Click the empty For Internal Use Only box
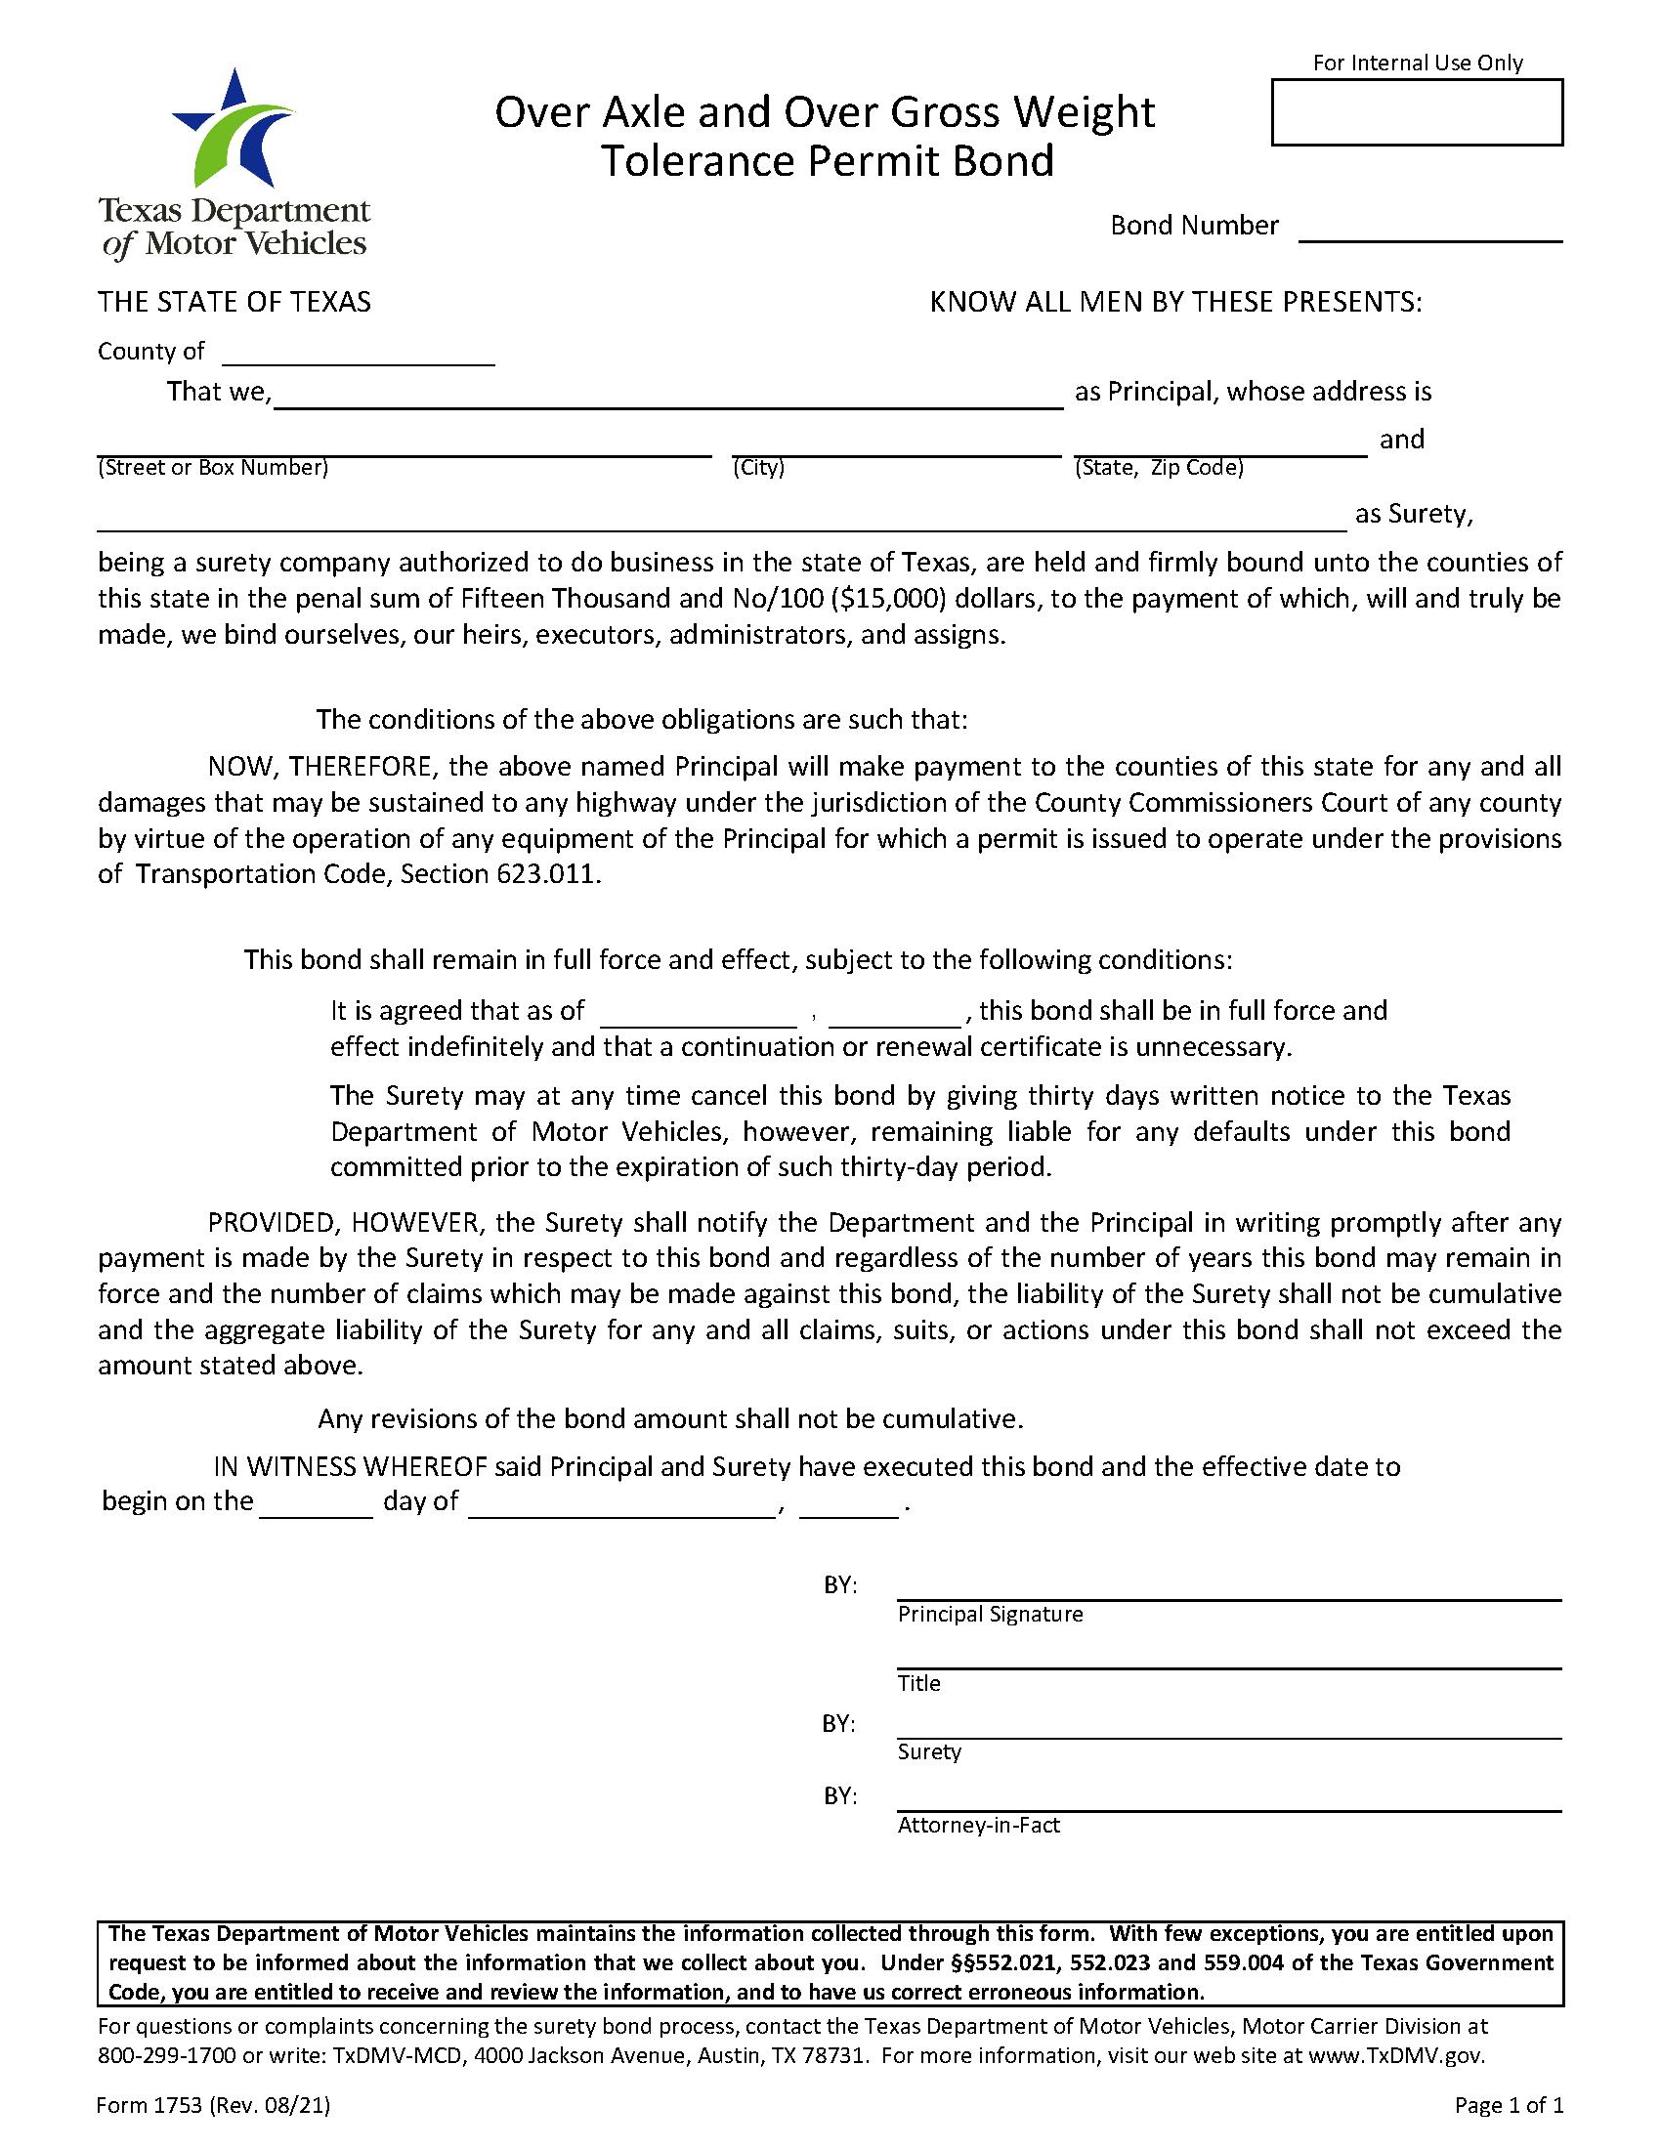tap(1416, 112)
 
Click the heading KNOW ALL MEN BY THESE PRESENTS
tap(1174, 302)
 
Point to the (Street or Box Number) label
tap(213, 467)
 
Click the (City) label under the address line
tap(757, 467)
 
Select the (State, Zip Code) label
tap(1158, 467)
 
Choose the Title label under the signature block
tap(918, 1684)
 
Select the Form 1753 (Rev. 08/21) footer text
tap(213, 2107)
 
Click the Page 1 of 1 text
tap(1509, 2107)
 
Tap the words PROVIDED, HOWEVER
tap(342, 1223)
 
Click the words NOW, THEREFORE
tap(321, 767)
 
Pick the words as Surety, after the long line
tap(1413, 515)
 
